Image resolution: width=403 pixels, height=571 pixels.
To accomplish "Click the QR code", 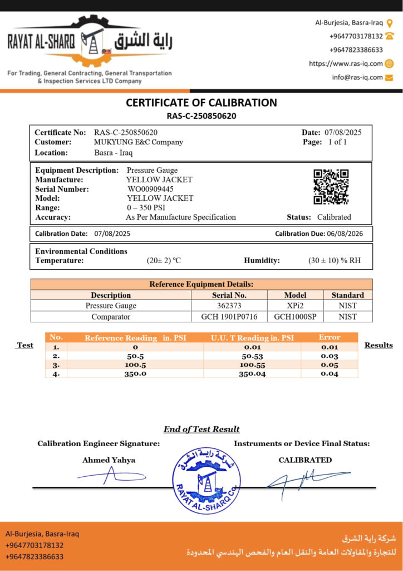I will point(331,187).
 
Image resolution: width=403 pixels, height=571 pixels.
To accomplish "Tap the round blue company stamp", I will point(206,481).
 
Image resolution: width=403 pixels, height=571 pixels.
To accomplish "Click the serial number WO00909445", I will point(151,189).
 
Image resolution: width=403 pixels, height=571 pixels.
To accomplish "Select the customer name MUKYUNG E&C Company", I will point(139,142).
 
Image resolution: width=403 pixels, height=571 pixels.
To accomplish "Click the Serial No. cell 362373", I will point(229,306).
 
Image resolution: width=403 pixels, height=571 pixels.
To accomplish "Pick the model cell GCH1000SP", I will point(295,317).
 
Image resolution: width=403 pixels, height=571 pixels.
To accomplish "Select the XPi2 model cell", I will point(295,306).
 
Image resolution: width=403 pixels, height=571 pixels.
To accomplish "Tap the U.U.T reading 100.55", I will point(252,365).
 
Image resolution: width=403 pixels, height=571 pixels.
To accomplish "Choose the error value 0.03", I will point(329,356).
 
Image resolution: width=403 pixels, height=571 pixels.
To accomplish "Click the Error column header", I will point(329,337).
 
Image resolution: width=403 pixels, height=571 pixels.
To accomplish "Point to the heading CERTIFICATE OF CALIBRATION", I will point(202,103).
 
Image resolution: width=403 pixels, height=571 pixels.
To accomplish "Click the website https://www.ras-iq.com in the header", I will point(346,64).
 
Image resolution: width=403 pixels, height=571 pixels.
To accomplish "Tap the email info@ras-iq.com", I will point(357,78).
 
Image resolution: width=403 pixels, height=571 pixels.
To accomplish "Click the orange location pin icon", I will point(390,23).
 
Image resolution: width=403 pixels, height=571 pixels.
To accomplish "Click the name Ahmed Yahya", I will point(109,460).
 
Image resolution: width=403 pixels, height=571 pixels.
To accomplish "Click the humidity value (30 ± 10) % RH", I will point(335,260).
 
